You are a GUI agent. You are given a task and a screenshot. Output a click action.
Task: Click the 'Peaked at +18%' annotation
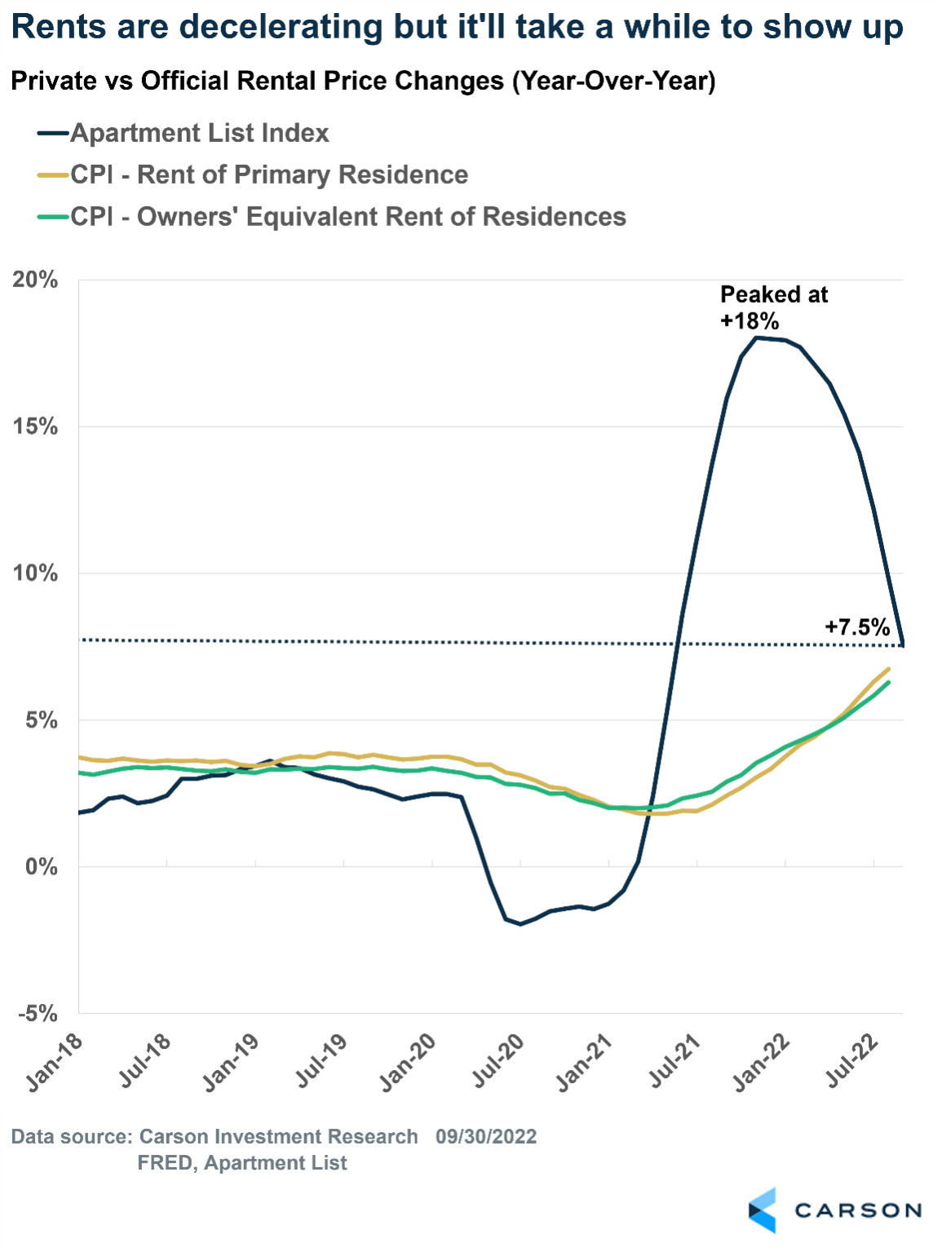coord(773,307)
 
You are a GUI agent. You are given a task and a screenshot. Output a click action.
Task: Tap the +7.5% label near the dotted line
coord(856,626)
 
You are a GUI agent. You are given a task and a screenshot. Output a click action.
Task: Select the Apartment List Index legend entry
coord(199,133)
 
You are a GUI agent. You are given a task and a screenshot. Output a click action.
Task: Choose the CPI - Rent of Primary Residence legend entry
coord(269,175)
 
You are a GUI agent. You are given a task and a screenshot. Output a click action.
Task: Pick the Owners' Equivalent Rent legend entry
coord(348,217)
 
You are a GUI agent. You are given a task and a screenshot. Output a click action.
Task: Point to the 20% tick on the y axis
coord(35,280)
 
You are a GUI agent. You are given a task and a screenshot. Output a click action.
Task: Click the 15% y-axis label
coord(35,427)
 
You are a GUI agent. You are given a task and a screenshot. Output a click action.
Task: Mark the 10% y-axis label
coord(35,573)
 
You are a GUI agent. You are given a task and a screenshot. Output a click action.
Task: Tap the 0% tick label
coord(41,866)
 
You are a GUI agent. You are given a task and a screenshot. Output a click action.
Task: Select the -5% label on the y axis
coord(38,1013)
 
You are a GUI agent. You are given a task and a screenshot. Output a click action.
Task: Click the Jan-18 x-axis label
coord(55,1062)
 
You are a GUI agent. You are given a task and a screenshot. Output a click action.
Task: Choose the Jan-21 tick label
coord(584,1062)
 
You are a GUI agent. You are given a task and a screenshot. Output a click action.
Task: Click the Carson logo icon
coord(763,1210)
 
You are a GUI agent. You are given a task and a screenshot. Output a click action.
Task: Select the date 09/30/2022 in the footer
coord(486,1137)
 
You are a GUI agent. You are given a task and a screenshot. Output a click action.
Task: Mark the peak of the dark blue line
coord(756,337)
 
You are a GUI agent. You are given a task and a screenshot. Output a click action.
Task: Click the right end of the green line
coord(888,683)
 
